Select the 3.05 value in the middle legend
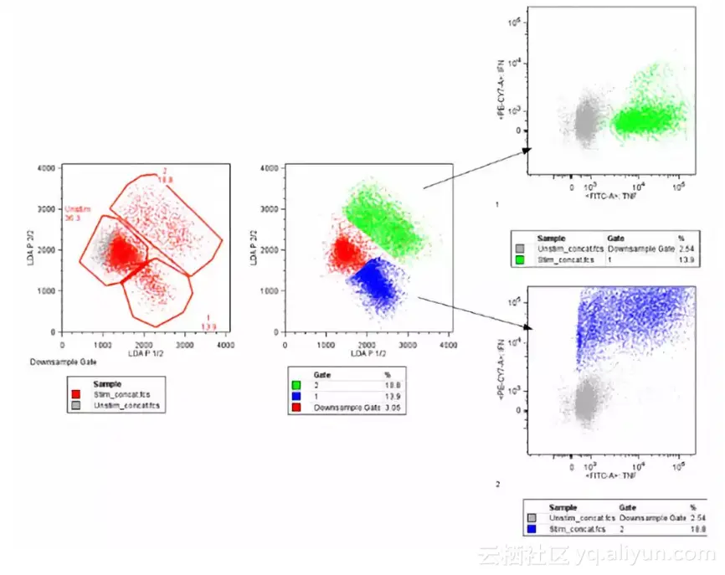(x=387, y=408)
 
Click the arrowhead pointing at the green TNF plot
(x=527, y=151)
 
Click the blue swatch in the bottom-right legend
(x=533, y=529)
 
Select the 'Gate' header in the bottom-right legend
(x=627, y=507)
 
